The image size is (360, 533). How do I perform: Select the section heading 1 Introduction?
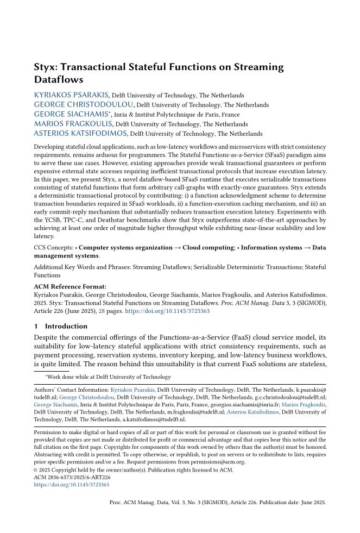tap(60, 327)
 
